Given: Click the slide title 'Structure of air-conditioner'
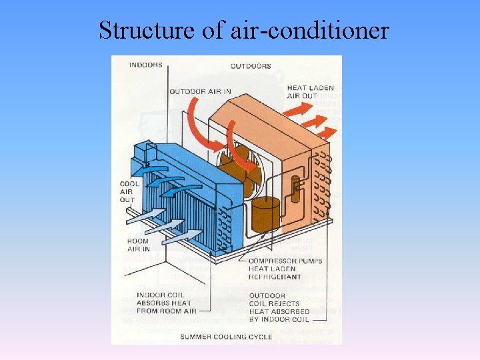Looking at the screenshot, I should (243, 29).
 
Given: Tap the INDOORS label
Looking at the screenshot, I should (145, 65).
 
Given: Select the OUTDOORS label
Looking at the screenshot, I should (251, 66).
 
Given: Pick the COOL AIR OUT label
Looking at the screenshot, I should (129, 191).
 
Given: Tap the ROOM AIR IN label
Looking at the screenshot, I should (137, 245).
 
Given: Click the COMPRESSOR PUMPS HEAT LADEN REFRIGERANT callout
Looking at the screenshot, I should (284, 269).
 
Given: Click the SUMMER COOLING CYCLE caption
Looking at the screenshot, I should (227, 337).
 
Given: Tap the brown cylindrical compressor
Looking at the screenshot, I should (265, 214).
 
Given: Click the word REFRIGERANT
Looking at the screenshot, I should (274, 277).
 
